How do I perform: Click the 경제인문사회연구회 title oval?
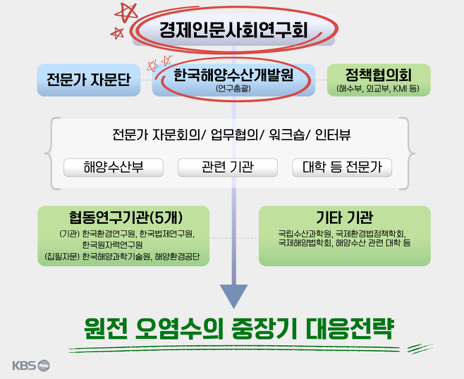232,30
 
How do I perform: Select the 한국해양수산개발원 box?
233,80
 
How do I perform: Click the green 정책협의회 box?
379,80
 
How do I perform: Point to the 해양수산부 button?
114,168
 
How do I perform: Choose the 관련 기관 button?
228,168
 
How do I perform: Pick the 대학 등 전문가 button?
342,168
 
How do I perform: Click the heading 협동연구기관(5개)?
124,217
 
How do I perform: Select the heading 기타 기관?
344,217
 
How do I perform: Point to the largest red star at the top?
128,13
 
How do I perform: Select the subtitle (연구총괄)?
233,89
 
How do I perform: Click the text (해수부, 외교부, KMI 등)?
379,89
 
